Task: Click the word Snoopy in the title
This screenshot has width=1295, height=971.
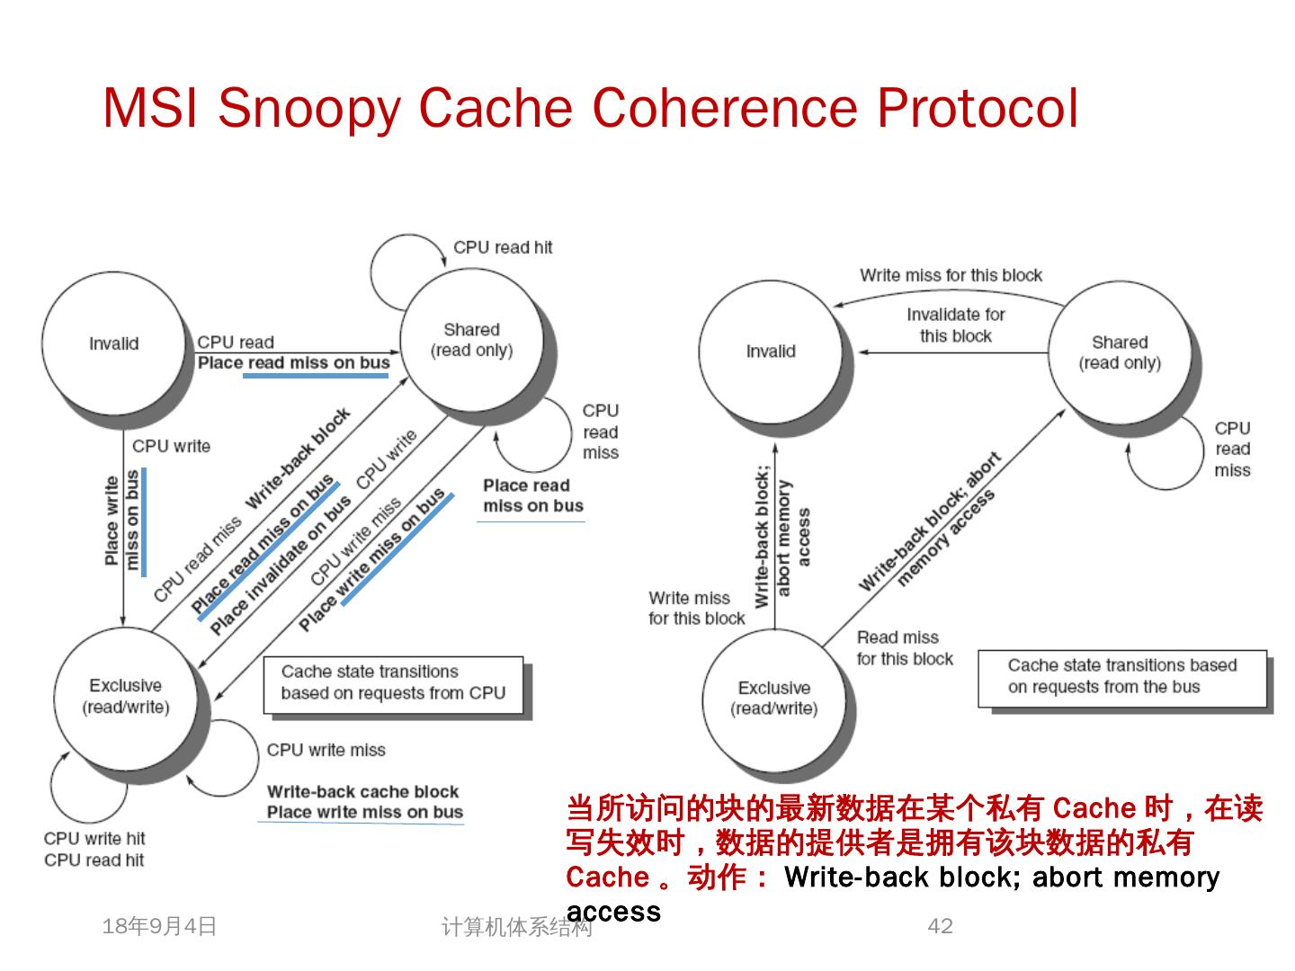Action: click(x=308, y=109)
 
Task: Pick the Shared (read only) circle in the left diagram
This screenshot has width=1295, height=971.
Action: click(x=471, y=340)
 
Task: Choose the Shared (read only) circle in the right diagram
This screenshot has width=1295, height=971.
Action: click(x=1120, y=352)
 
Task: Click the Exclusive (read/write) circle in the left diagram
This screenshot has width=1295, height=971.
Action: click(x=126, y=696)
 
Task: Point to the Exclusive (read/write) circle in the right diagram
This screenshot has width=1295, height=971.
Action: click(x=773, y=698)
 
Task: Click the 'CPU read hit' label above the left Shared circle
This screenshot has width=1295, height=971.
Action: click(x=503, y=247)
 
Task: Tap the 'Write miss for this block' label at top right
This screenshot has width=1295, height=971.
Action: click(x=951, y=275)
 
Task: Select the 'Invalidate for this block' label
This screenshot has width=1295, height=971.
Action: click(x=955, y=325)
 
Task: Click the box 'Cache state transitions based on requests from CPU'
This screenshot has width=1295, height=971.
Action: click(x=393, y=683)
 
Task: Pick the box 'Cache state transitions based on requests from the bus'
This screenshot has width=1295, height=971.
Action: click(x=1121, y=676)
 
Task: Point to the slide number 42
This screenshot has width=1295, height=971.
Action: click(x=940, y=926)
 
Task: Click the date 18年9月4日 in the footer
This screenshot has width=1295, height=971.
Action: click(x=160, y=926)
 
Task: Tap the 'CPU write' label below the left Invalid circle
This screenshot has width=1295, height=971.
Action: click(x=171, y=446)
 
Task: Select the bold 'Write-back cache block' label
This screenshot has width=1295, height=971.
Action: click(x=362, y=791)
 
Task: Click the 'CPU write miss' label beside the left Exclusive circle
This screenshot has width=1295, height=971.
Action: click(x=326, y=750)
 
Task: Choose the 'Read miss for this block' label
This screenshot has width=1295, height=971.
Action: click(x=904, y=648)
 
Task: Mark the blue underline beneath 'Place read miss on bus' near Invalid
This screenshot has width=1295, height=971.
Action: click(x=316, y=375)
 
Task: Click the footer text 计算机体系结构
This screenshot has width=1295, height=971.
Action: click(x=516, y=927)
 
